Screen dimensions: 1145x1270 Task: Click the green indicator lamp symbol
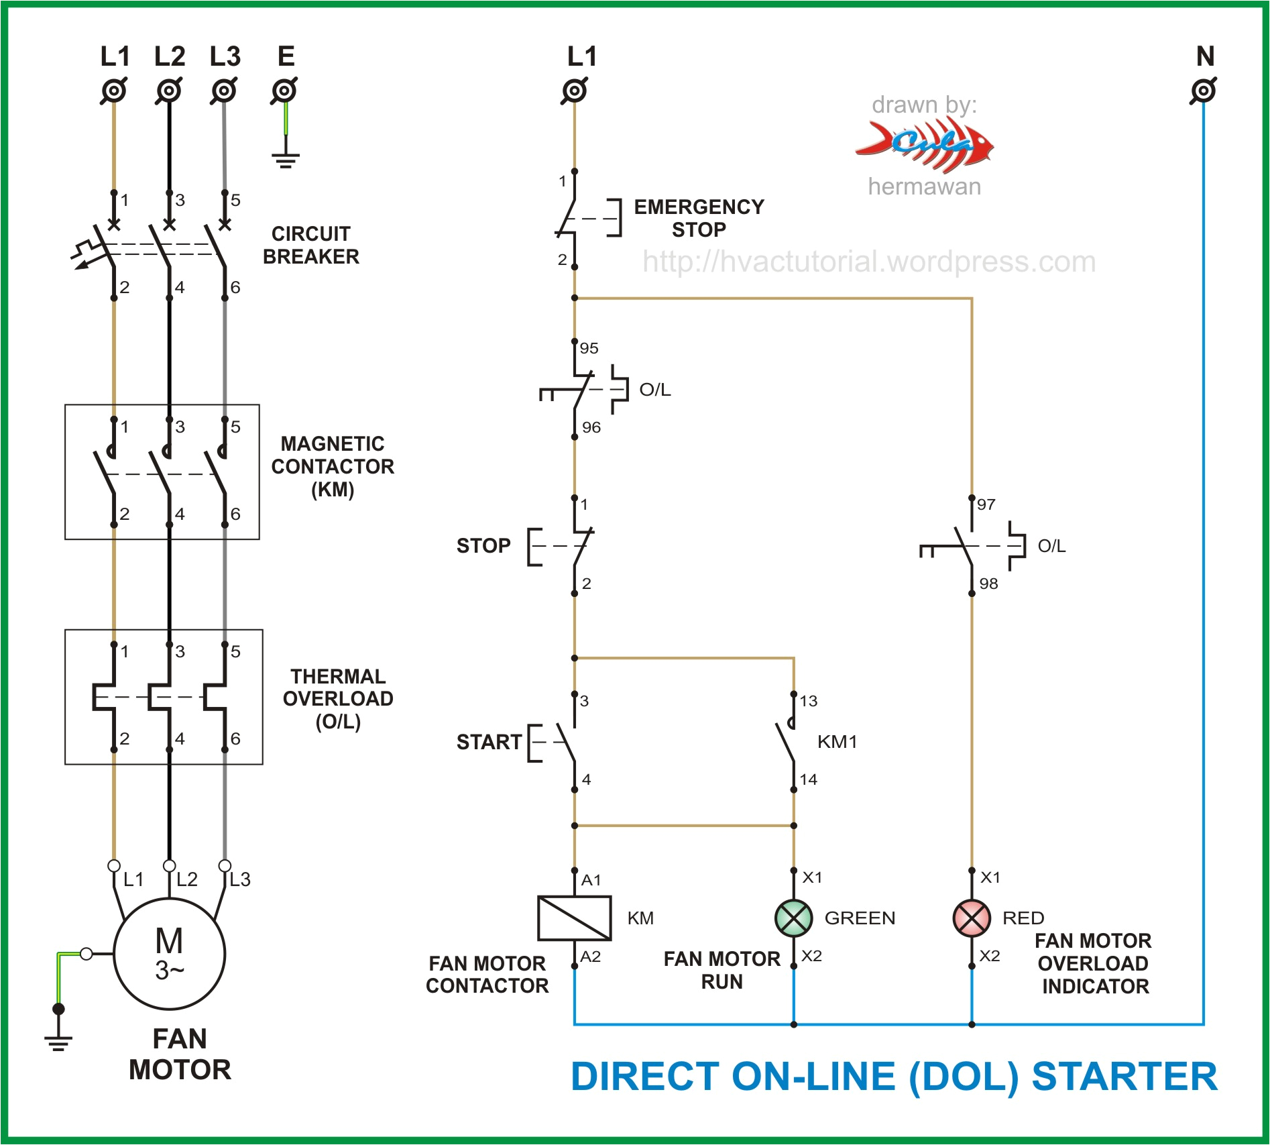point(793,918)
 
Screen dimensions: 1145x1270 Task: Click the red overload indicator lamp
point(971,918)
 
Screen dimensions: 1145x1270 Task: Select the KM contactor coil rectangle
point(574,918)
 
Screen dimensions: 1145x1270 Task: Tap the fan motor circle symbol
point(169,953)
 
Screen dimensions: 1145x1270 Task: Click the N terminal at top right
point(1204,91)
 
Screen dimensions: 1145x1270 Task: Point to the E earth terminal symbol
point(285,91)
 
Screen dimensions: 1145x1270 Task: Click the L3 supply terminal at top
point(224,91)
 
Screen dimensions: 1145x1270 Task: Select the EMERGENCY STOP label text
point(699,218)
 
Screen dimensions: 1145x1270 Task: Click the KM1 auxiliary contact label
point(837,742)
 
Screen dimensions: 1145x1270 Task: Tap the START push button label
point(489,742)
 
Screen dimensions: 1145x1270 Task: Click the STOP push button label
point(483,545)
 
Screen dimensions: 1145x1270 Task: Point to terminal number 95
point(589,348)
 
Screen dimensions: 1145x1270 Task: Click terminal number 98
point(988,584)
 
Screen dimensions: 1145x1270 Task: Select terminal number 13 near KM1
point(808,701)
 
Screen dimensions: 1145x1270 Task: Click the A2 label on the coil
point(590,957)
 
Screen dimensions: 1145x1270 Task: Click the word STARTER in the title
point(1124,1077)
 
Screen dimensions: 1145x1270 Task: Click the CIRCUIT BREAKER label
point(310,245)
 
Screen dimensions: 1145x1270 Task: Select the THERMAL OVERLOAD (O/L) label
point(338,698)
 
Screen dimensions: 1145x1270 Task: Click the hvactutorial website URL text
point(869,262)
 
